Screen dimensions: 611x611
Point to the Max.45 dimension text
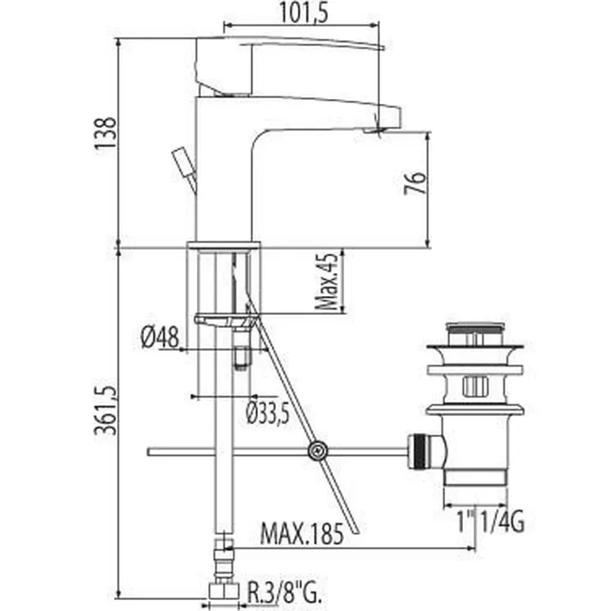[x=329, y=282]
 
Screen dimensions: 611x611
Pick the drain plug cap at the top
[x=478, y=331]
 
